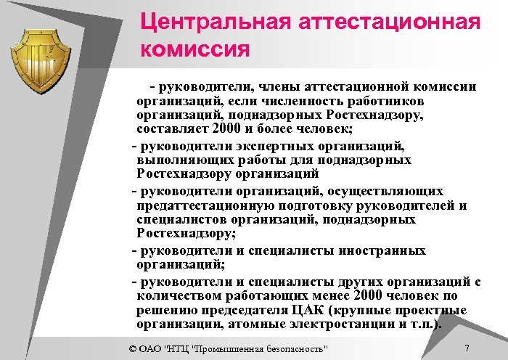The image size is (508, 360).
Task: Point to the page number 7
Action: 467,348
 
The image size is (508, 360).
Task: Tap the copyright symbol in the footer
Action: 131,348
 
